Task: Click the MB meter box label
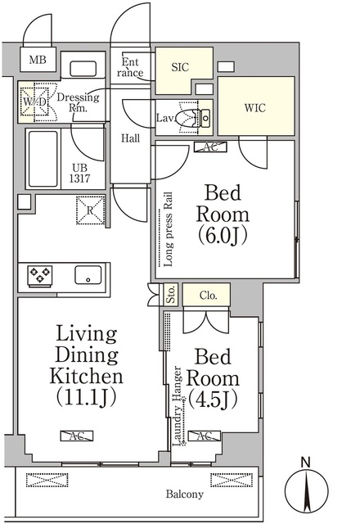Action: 38,60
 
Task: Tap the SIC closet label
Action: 180,67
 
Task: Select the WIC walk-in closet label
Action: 254,108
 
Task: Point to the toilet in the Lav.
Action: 195,118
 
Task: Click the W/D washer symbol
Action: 34,102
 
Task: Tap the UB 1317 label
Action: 79,173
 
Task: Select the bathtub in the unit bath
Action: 43,159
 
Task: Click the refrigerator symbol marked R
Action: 90,210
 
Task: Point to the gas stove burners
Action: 40,276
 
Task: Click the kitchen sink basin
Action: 88,275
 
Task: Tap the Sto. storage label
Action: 171,295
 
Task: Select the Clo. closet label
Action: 208,296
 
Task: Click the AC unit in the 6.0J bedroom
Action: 210,147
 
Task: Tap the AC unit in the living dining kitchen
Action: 76,436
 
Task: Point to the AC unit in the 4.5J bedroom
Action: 205,436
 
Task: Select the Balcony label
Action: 185,494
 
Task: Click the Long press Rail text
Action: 169,229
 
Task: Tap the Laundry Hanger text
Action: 178,406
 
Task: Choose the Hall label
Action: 130,138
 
